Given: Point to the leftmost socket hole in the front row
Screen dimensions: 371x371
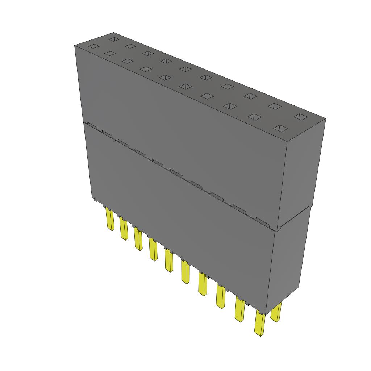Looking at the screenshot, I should [x=93, y=46].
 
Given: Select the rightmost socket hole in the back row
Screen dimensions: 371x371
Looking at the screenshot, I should [x=300, y=117].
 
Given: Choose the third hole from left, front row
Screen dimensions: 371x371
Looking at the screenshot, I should [x=127, y=61].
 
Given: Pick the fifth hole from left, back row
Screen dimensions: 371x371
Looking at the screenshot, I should [x=185, y=69].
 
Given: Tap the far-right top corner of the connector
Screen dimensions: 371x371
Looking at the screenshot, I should [x=325, y=119].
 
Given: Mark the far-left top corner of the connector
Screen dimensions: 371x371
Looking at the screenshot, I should [x=75, y=45].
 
